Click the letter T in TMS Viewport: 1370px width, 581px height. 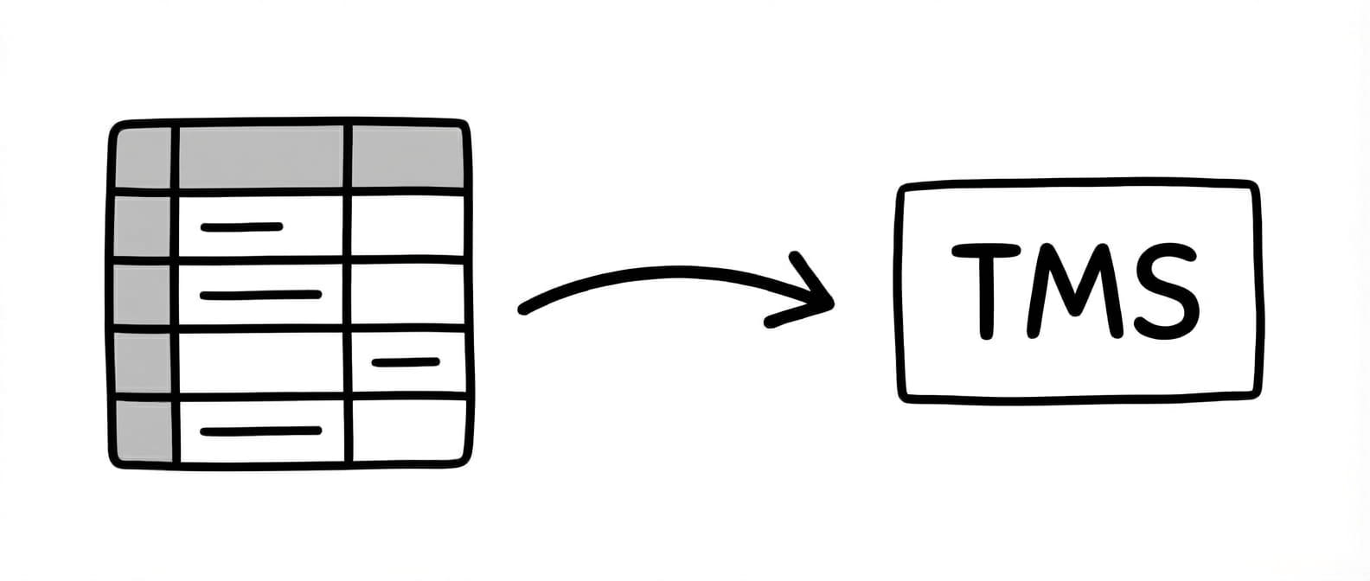point(983,290)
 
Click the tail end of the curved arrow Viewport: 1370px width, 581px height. point(524,309)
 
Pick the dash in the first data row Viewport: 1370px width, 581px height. point(241,227)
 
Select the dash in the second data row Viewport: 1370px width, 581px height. point(260,296)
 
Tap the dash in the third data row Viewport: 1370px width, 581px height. point(405,361)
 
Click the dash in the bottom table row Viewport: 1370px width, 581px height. point(260,430)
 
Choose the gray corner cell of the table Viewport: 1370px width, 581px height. point(144,156)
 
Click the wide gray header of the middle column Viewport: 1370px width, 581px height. point(261,156)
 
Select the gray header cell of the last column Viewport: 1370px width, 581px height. point(407,156)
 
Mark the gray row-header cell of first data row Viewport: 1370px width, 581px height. point(144,226)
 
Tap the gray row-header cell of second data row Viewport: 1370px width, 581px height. point(144,295)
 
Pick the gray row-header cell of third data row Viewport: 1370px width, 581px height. point(144,363)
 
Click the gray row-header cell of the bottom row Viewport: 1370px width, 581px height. point(144,430)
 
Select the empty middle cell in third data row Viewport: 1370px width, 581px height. point(261,363)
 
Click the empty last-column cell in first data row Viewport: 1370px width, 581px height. point(407,225)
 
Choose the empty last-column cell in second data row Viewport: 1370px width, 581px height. point(407,294)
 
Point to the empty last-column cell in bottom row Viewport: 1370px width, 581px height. point(408,430)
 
